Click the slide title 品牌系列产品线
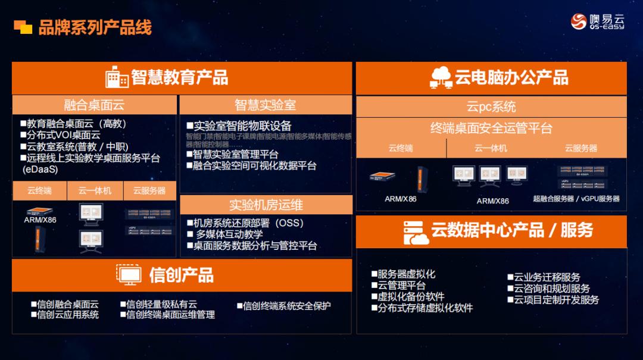[x=95, y=27]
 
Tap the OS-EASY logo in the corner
[x=597, y=21]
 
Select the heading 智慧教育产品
[x=179, y=77]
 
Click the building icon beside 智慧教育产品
[x=117, y=77]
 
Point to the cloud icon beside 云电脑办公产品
[x=441, y=78]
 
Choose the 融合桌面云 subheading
[x=94, y=105]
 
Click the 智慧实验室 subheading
[x=265, y=105]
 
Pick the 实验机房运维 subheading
[x=266, y=205]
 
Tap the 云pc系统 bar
[x=491, y=107]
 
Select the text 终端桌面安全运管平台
[x=491, y=128]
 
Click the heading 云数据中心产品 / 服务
[x=512, y=230]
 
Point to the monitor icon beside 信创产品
[x=129, y=275]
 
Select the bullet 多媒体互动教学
[x=229, y=234]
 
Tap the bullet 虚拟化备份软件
[x=411, y=296]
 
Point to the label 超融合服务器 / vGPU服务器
[x=576, y=199]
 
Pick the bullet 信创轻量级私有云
[x=161, y=304]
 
